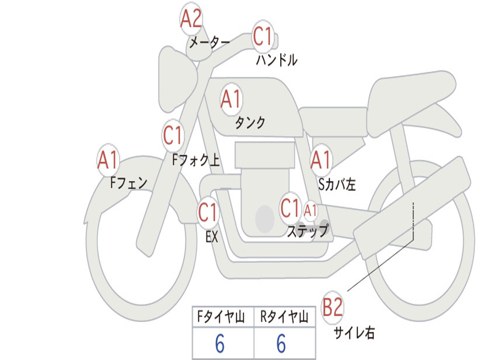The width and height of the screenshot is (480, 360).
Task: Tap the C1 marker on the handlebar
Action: coord(263,36)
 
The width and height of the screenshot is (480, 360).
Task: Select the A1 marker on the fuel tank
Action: coord(231,99)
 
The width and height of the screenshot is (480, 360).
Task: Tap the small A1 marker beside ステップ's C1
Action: coord(310,210)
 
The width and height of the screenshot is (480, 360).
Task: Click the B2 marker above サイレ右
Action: coord(333,307)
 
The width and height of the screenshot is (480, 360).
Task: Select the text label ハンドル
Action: coord(277,60)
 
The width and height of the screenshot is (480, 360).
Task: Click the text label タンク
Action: coord(250,122)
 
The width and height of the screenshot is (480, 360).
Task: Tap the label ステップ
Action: coord(307,231)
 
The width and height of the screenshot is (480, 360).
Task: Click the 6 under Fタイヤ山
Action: coord(220,344)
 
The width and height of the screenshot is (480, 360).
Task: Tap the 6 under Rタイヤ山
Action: coord(281,344)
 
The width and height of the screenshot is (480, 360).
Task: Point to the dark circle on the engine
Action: coord(265,218)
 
